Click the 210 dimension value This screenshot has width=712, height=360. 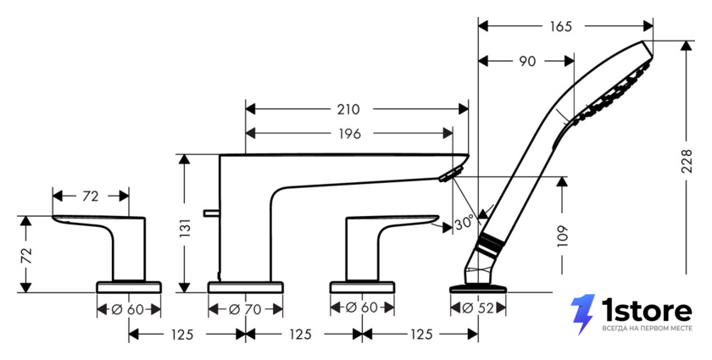348,109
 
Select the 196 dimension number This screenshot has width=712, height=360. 349,134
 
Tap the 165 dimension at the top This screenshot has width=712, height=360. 561,27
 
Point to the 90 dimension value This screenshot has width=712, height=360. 527,61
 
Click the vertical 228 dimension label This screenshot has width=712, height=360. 687,161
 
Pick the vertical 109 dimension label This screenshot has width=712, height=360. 563,235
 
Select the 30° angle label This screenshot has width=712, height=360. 464,223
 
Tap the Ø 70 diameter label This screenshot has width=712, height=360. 245,310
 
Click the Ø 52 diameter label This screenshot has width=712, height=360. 478,308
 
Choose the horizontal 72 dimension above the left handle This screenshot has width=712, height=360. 91,197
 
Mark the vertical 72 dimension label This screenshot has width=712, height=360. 27,256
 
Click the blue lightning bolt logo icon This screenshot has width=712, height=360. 583,314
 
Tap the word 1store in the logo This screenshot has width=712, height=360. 647,311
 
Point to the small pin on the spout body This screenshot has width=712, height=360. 212,212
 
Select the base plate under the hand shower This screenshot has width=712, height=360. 478,289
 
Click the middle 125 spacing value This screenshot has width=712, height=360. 301,335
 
